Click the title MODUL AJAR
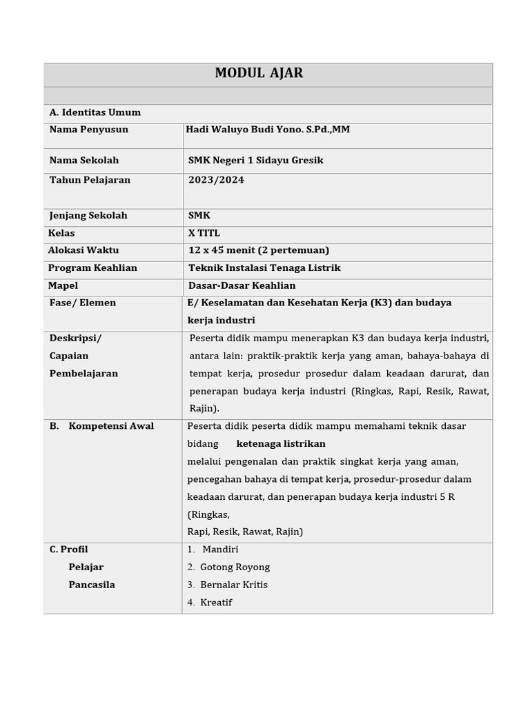tap(259, 73)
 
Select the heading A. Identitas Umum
tap(95, 112)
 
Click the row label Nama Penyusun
tap(88, 130)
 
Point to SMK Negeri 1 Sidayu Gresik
tap(255, 161)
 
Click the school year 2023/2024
tap(216, 180)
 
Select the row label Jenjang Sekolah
tap(88, 216)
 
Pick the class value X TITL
tap(204, 233)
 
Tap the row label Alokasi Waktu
tap(84, 250)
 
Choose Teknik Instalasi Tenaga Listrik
tap(264, 268)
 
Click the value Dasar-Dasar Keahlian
tap(242, 285)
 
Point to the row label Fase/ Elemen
tap(83, 303)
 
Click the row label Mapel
tap(63, 285)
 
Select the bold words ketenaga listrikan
tap(281, 444)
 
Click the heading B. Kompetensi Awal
tap(101, 426)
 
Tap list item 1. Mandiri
tap(213, 549)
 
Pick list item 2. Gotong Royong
tap(228, 567)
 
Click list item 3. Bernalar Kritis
tap(227, 585)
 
